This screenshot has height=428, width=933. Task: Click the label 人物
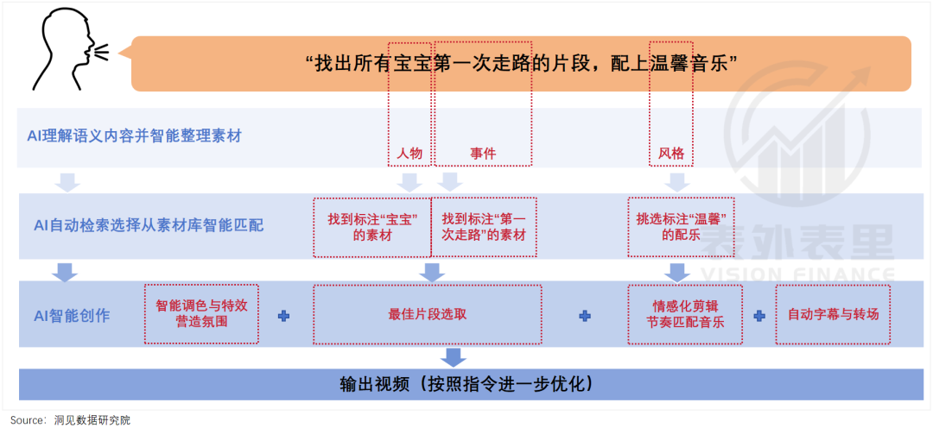coord(409,154)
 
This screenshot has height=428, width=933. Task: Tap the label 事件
coord(483,154)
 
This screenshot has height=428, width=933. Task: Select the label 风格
coord(671,154)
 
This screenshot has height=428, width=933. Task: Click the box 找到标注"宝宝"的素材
coord(371,227)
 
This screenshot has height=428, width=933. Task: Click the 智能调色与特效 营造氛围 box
coord(202,314)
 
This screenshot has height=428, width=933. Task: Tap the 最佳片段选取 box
coord(428,314)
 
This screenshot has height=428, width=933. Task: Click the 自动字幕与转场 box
coord(833,314)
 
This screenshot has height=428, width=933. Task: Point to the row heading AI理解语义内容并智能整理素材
coord(133,136)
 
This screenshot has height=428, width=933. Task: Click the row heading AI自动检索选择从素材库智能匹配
coord(149,225)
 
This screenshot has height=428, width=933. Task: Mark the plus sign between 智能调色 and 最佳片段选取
coord(283,316)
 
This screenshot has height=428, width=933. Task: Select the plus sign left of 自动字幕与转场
coord(759,316)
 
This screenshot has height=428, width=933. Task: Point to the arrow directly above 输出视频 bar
coord(453,356)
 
